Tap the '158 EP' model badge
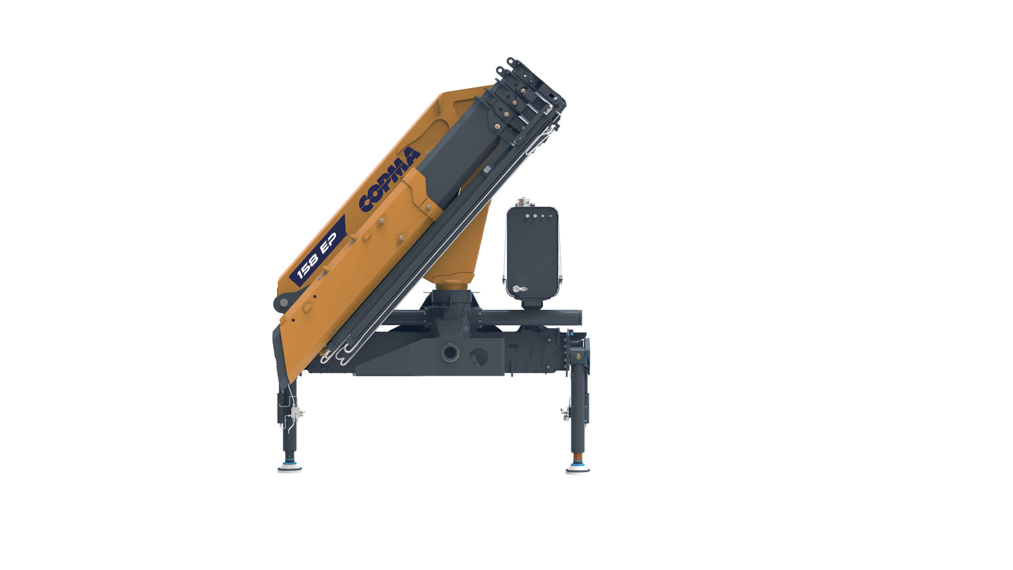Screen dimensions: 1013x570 [317, 250]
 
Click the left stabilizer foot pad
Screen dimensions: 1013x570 [290, 469]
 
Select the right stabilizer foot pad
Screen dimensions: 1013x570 [578, 469]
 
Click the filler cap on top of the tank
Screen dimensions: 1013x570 [525, 202]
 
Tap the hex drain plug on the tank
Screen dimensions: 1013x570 [518, 289]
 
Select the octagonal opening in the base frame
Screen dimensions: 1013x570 [478, 356]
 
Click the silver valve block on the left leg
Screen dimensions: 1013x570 [296, 413]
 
